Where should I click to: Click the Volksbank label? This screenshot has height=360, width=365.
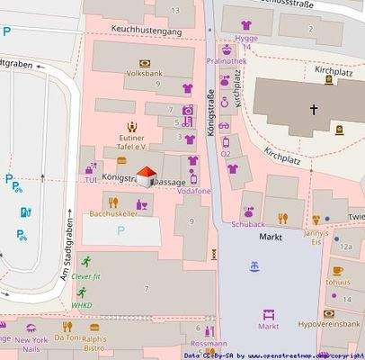pyautogui.click(x=144, y=72)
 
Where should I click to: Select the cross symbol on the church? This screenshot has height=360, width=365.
pyautogui.click(x=314, y=110)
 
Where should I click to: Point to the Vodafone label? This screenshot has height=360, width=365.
pyautogui.click(x=193, y=192)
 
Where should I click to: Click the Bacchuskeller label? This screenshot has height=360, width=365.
pyautogui.click(x=113, y=213)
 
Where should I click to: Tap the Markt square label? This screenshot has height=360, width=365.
pyautogui.click(x=271, y=236)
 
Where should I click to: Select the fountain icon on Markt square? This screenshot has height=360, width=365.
pyautogui.click(x=254, y=266)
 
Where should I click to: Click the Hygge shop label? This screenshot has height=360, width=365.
pyautogui.click(x=245, y=40)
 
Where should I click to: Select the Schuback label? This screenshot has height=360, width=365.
pyautogui.click(x=248, y=224)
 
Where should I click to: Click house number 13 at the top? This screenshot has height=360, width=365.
pyautogui.click(x=175, y=10)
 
